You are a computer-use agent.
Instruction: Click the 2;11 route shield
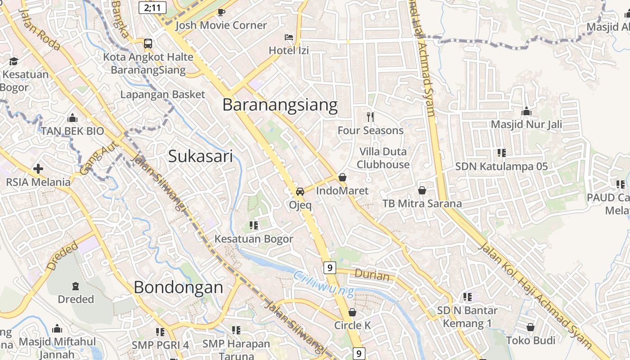[153, 8]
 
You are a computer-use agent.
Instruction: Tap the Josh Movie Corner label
[221, 25]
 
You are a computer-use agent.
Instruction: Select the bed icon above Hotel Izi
[289, 37]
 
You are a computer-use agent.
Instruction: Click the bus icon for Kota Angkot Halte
[148, 44]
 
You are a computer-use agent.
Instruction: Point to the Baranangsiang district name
[280, 105]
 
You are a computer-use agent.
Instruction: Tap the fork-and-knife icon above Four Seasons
[370, 117]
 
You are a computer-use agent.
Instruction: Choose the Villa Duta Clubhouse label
[383, 158]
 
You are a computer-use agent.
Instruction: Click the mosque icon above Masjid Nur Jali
[526, 112]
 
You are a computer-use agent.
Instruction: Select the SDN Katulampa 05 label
[501, 166]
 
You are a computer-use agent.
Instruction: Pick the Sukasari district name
[201, 156]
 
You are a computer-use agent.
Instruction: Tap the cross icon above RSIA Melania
[38, 169]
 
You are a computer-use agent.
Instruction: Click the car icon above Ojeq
[300, 191]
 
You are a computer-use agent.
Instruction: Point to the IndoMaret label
[342, 191]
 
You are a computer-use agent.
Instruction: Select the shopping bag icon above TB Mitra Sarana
[422, 190]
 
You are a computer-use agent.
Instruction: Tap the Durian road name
[372, 274]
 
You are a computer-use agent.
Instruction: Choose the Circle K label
[352, 325]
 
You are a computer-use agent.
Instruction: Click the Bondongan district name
[178, 287]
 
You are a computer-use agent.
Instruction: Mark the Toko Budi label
[531, 340]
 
